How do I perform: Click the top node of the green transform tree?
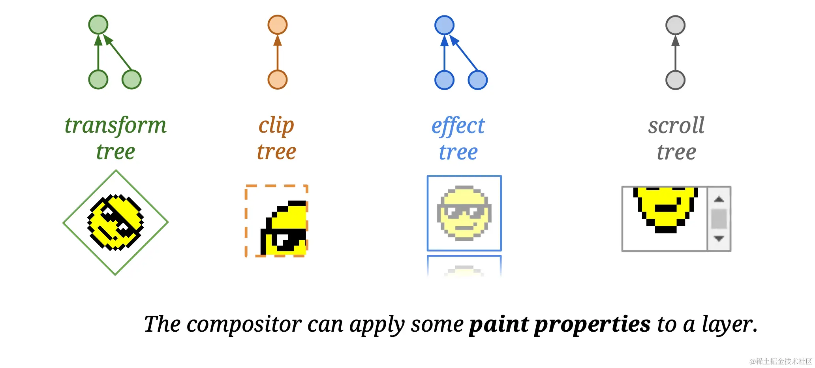pyautogui.click(x=98, y=24)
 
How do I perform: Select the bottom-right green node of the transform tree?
pyautogui.click(x=131, y=79)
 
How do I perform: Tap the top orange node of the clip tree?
pyautogui.click(x=278, y=24)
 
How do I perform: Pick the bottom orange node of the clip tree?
pyautogui.click(x=278, y=79)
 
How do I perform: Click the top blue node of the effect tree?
pyautogui.click(x=445, y=25)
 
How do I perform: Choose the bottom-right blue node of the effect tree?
pyautogui.click(x=478, y=80)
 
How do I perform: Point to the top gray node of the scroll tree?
pyautogui.click(x=676, y=25)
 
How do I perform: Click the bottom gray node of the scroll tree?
pyautogui.click(x=676, y=80)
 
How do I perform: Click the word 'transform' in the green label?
pyautogui.click(x=116, y=126)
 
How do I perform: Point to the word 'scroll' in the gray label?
pyautogui.click(x=676, y=126)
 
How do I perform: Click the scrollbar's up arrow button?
pyautogui.click(x=719, y=199)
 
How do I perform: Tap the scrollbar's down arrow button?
pyautogui.click(x=719, y=238)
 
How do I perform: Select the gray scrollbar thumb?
pyautogui.click(x=719, y=219)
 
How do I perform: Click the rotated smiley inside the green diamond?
pyautogui.click(x=115, y=222)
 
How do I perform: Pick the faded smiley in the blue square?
pyautogui.click(x=464, y=213)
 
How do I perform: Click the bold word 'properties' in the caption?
pyautogui.click(x=592, y=325)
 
